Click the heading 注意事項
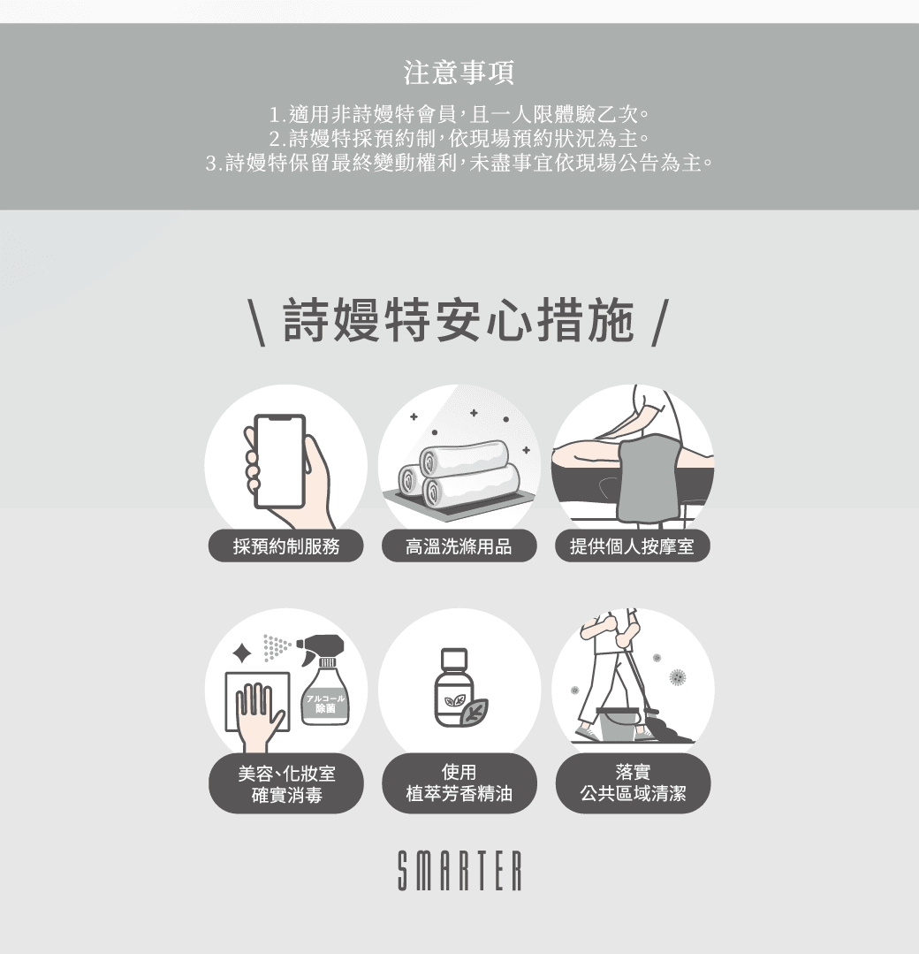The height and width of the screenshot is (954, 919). (x=459, y=73)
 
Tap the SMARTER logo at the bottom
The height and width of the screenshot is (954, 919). (x=459, y=871)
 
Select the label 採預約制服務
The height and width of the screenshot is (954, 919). (x=285, y=546)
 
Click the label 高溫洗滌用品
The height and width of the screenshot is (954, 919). (x=459, y=546)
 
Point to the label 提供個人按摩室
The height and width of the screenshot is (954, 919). (x=633, y=546)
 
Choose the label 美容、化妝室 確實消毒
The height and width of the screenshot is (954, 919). (x=285, y=783)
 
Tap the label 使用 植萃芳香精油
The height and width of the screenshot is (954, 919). (x=459, y=783)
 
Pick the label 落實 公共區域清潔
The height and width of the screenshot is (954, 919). (x=633, y=783)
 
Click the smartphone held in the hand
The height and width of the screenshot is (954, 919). (x=280, y=462)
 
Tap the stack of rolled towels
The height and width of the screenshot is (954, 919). (x=459, y=473)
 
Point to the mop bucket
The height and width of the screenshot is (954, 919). (x=618, y=724)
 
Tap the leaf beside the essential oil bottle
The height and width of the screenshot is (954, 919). (x=474, y=711)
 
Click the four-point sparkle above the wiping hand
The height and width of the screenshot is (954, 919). (x=242, y=653)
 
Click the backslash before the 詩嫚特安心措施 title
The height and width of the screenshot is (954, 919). (x=256, y=323)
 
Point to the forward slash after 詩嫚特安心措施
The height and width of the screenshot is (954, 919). (x=660, y=323)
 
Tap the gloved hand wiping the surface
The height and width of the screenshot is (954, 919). (x=259, y=718)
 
